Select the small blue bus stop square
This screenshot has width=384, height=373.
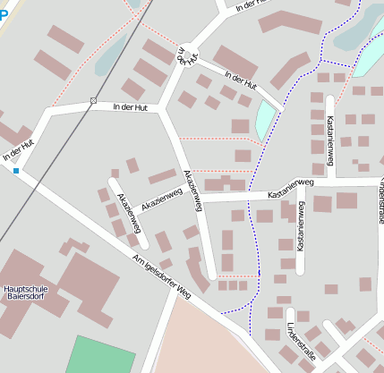(x=15, y=170)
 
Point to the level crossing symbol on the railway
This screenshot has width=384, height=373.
(x=93, y=100)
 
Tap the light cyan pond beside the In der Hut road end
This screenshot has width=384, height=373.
(x=266, y=120)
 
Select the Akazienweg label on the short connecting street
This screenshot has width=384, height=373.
(x=162, y=198)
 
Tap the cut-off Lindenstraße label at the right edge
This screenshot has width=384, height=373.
(x=380, y=200)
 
